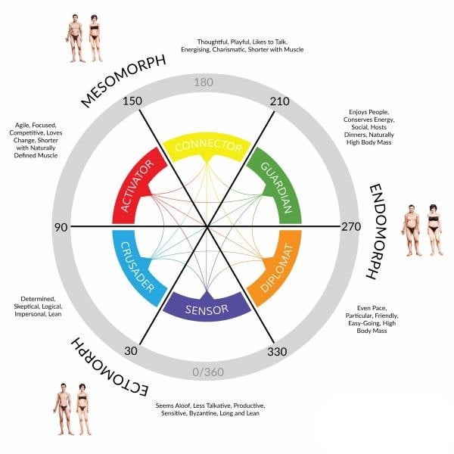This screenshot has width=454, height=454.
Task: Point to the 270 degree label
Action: pyautogui.click(x=351, y=226)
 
